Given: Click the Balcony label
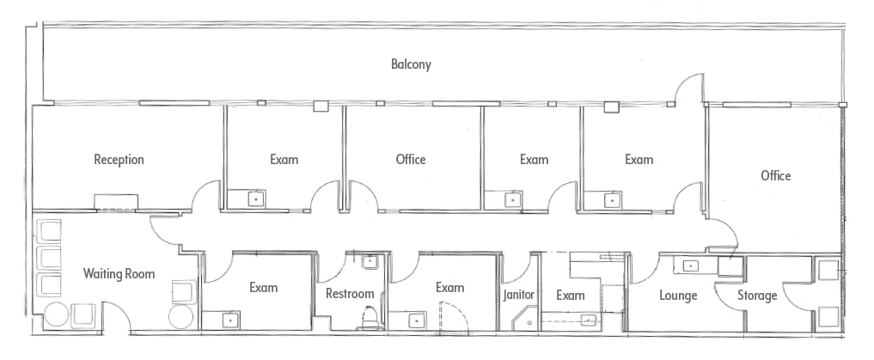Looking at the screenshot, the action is pos(411,64).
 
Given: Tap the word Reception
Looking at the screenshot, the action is pos(119,160).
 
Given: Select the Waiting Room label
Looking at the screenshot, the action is pos(119,273).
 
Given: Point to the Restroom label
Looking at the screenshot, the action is pos(350,293).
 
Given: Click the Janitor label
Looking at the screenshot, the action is pos(518,295).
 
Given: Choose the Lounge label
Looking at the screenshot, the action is pos(678,295).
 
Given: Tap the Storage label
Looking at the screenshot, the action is pos(757,295).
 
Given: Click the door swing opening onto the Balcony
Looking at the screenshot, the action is pos(689,88).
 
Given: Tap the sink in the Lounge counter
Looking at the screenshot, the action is pos(691,265).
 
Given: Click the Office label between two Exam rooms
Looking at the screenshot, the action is pos(411,160).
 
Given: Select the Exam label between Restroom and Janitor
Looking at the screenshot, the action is pos(449,288).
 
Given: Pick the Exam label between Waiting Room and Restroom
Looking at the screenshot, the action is pos(263,288).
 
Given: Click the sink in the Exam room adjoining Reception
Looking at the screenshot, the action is pos(256,199).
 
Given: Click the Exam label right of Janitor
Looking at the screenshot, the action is pos(571,295).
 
